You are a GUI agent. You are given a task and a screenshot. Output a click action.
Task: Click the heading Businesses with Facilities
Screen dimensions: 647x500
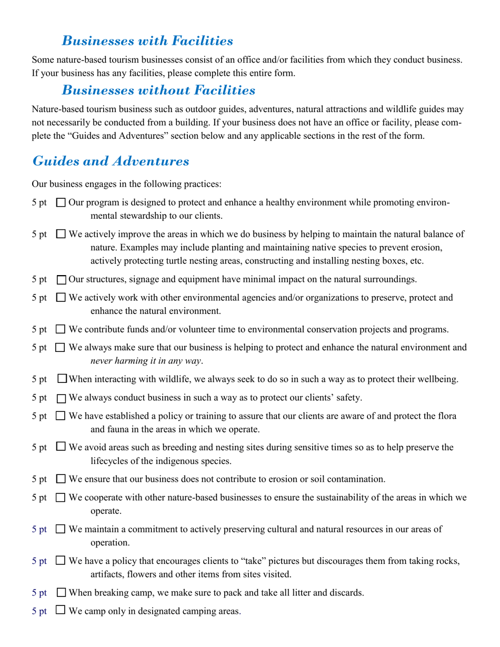tap(147, 41)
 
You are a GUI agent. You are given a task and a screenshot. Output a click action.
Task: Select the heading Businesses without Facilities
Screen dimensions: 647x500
tap(158, 90)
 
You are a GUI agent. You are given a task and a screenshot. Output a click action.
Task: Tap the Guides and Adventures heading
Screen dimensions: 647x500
tap(111, 161)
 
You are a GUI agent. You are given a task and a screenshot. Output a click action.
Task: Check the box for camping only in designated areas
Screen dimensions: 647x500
tap(61, 611)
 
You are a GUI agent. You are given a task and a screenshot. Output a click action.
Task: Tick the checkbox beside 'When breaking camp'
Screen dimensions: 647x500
tap(61, 593)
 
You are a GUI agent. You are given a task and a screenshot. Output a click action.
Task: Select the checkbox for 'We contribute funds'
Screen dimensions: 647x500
tap(61, 330)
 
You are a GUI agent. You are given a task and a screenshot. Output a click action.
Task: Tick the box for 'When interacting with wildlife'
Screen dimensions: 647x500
tap(62, 379)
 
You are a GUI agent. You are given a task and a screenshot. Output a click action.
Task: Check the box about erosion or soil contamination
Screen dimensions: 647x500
tap(61, 479)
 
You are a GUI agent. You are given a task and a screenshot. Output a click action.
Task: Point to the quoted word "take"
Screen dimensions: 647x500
tap(253, 562)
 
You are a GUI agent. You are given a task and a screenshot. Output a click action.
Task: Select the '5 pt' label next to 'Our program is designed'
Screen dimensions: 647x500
tap(39, 203)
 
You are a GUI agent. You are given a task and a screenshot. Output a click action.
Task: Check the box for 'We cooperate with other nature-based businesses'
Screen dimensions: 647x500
tap(61, 498)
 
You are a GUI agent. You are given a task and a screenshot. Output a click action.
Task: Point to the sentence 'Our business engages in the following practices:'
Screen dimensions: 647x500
tap(126, 184)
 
